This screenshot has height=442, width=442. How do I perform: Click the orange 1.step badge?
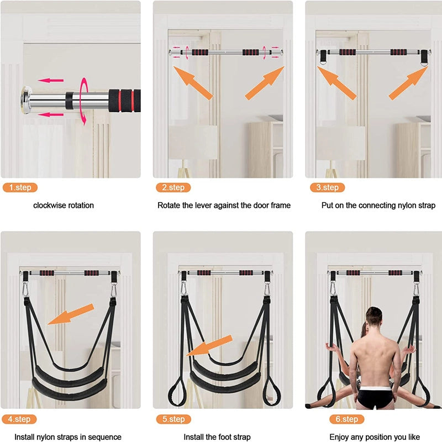[20, 187]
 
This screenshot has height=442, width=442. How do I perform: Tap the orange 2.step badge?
[173, 187]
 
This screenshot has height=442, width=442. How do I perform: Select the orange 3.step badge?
[327, 187]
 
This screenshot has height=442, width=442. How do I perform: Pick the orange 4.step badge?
[19, 419]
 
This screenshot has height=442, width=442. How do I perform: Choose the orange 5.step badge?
[173, 419]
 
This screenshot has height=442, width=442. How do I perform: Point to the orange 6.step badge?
[347, 419]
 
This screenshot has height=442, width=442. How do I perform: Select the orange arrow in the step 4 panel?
[71, 314]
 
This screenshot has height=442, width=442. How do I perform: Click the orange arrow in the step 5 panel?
[209, 346]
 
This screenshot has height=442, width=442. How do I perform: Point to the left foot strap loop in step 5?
[177, 392]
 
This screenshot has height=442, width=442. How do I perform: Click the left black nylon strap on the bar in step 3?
[323, 57]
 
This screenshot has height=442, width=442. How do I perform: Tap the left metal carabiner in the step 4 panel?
[25, 289]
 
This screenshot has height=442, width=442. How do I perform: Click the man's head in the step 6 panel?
[374, 316]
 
